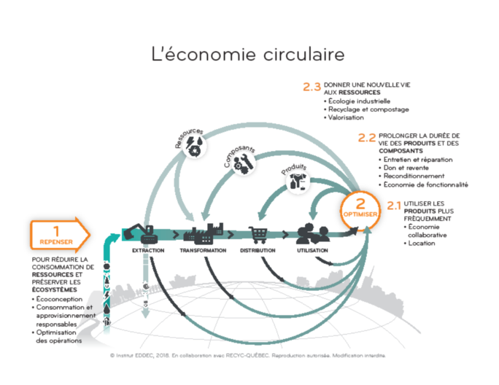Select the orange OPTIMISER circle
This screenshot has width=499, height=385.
point(360,209)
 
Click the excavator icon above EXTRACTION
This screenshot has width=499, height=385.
point(142,233)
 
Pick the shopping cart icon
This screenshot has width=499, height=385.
point(259,233)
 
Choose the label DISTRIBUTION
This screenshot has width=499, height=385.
point(258,251)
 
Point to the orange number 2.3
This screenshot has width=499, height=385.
point(312,87)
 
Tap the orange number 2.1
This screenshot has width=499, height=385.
point(394,205)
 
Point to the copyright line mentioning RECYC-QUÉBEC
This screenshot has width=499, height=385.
point(247,355)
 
